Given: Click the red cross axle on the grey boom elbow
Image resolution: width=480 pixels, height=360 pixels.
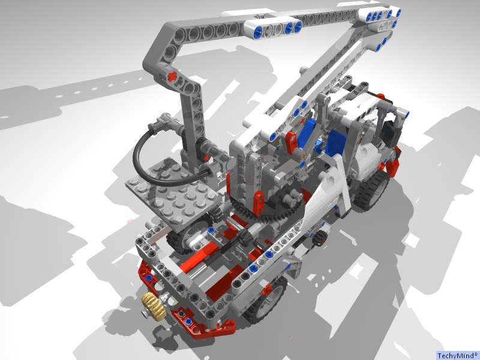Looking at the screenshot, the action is point(173,76).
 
